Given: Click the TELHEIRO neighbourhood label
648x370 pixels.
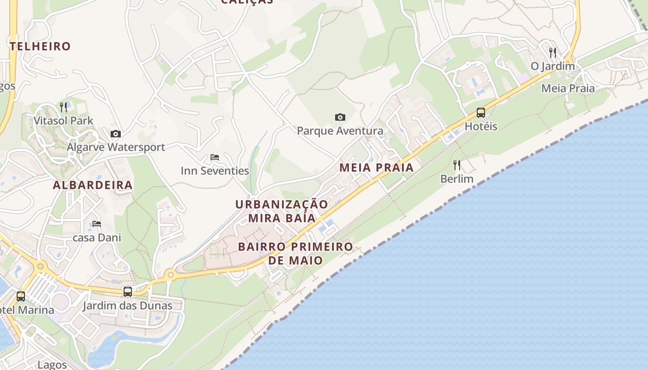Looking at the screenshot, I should coord(40,46).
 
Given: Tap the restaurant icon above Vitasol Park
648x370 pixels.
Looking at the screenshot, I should coord(64,107).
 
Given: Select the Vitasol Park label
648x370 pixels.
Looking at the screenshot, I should coord(63,121).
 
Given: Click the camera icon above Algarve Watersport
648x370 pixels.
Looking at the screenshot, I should coord(116,134).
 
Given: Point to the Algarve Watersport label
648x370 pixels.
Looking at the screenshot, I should coord(116,147).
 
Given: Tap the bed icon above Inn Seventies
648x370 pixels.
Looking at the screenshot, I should coord(215,157).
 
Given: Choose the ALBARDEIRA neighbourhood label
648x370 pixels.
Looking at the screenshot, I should coord(93,185).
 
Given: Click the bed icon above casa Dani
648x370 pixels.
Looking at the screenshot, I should coord(97,224).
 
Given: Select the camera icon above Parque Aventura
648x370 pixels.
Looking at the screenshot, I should coord(340,117).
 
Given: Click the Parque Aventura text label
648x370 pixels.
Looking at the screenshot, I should coord(340,131).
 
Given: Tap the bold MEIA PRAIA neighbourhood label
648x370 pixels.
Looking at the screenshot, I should coord(377,167).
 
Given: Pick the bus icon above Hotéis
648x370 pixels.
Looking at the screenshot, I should coord(481,113).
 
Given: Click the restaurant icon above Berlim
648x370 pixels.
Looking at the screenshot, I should coord(457,165).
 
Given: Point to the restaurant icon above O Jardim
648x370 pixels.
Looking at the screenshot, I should coord(553,52).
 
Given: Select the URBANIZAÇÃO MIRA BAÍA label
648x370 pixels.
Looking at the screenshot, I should coord(282,211).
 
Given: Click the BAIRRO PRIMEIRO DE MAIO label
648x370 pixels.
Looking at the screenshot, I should coord(296,253).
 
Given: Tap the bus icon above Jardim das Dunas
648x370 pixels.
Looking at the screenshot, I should coord(128,292).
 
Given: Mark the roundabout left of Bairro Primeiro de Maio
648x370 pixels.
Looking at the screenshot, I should coord(170,275).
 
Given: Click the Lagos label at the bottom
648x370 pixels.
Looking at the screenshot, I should coord(52,364).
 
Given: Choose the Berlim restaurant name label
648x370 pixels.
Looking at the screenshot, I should coord(457,179).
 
